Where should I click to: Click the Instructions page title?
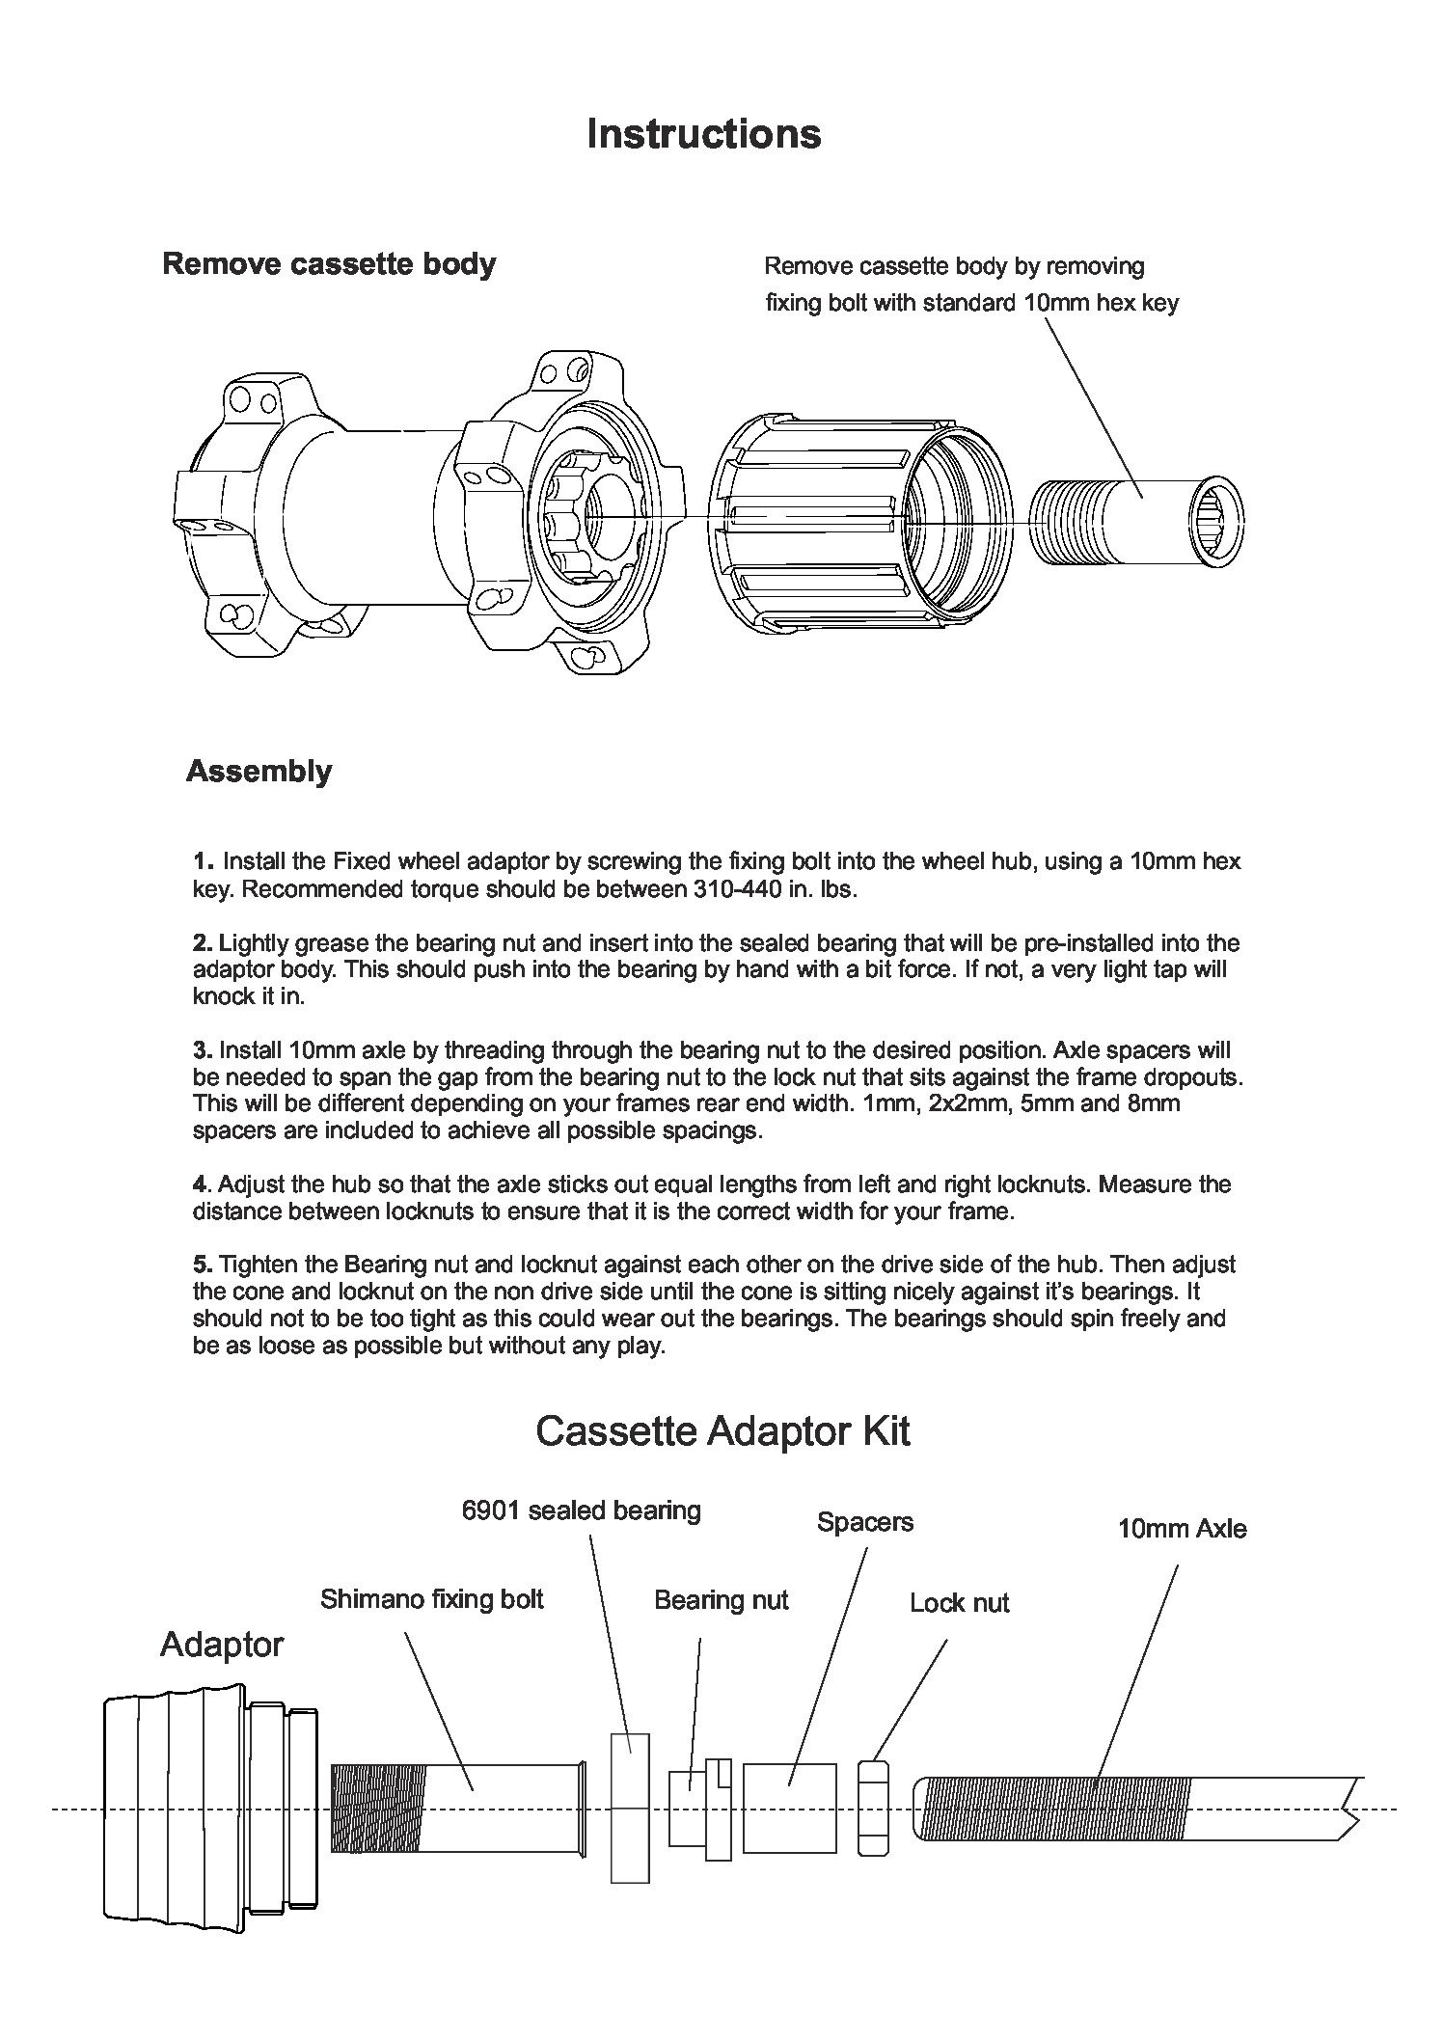pos(703,133)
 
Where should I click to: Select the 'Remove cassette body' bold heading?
pos(328,263)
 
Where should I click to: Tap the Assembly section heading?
pos(258,771)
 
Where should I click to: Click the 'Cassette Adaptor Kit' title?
pos(722,1430)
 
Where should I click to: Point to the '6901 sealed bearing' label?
pos(581,1510)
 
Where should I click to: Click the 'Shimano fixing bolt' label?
pos(431,1599)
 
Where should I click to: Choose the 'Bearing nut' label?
pos(721,1600)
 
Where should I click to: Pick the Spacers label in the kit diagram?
pos(864,1522)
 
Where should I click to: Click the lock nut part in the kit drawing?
pos(873,1809)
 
